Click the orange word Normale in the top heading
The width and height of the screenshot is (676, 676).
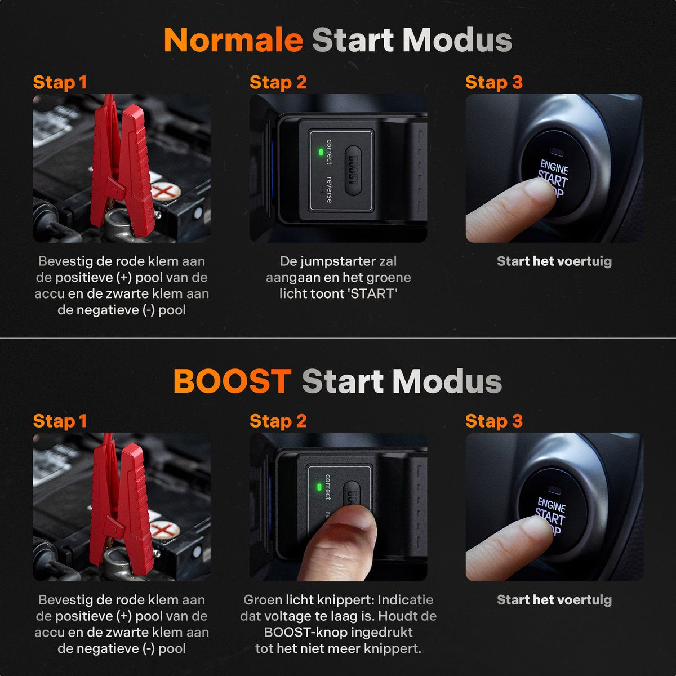tap(233, 41)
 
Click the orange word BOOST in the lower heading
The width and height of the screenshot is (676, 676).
tap(232, 381)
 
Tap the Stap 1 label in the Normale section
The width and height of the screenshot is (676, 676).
tap(60, 82)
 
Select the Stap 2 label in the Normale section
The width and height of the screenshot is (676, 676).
tap(278, 82)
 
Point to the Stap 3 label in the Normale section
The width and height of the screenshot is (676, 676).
tap(493, 82)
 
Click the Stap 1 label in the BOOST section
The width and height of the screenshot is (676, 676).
tap(60, 421)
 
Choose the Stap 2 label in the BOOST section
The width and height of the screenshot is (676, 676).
tap(278, 421)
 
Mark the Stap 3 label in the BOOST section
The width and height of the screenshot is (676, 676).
tap(493, 421)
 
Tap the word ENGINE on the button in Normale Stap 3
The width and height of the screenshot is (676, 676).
tap(554, 167)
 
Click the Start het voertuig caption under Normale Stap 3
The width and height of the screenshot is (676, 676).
tap(554, 261)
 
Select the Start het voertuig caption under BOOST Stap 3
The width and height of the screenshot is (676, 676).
tap(554, 600)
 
